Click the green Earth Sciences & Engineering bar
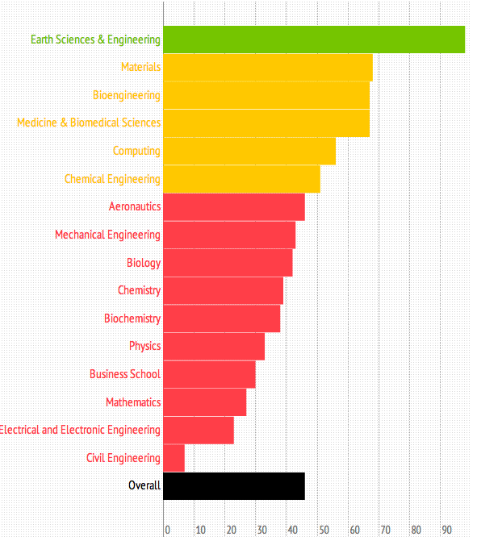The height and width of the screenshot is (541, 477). point(314,40)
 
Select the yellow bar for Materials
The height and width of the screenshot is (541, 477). point(268,68)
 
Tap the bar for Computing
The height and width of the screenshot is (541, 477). point(249,152)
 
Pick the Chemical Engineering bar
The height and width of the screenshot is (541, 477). point(241,179)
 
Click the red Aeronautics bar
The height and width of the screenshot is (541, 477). point(234,207)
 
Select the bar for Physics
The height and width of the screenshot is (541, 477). point(214,347)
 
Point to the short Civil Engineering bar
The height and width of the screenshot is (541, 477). point(174,458)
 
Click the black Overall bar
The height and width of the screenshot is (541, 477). point(234,486)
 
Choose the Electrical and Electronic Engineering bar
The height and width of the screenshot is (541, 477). point(199,430)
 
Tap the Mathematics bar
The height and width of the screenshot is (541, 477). point(205,402)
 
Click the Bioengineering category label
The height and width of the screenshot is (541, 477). point(126,95)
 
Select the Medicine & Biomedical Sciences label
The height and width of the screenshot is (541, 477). point(89,123)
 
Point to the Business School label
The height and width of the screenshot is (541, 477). point(125,374)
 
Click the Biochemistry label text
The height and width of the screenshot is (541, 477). point(132,318)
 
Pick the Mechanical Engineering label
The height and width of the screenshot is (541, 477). point(107,235)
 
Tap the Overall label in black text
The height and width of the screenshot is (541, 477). point(144,485)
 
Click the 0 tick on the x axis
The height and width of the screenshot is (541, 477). point(167,530)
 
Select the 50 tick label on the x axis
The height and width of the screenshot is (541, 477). point(324,530)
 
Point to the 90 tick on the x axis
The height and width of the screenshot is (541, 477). point(447,530)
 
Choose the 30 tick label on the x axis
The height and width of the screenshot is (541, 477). point(262,530)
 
